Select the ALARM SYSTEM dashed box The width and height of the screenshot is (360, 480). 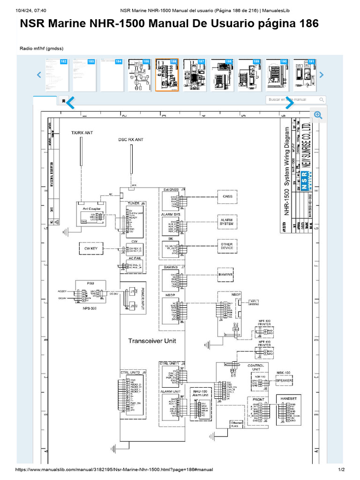coord(226,222)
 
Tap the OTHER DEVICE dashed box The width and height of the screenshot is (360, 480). coord(226,247)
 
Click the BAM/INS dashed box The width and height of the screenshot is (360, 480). coord(226,274)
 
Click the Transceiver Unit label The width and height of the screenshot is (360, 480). coord(152,341)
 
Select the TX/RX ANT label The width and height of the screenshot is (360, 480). coord(82,133)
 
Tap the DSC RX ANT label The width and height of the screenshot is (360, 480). coord(131,140)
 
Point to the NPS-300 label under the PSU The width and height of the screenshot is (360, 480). coord(90,309)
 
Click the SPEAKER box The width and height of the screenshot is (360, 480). coord(284,381)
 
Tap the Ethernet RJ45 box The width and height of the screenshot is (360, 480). coord(237,424)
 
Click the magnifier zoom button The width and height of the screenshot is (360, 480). coord(318,115)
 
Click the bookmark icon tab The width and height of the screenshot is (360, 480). coord(63,100)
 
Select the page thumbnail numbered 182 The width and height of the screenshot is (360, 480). coord(57,75)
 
